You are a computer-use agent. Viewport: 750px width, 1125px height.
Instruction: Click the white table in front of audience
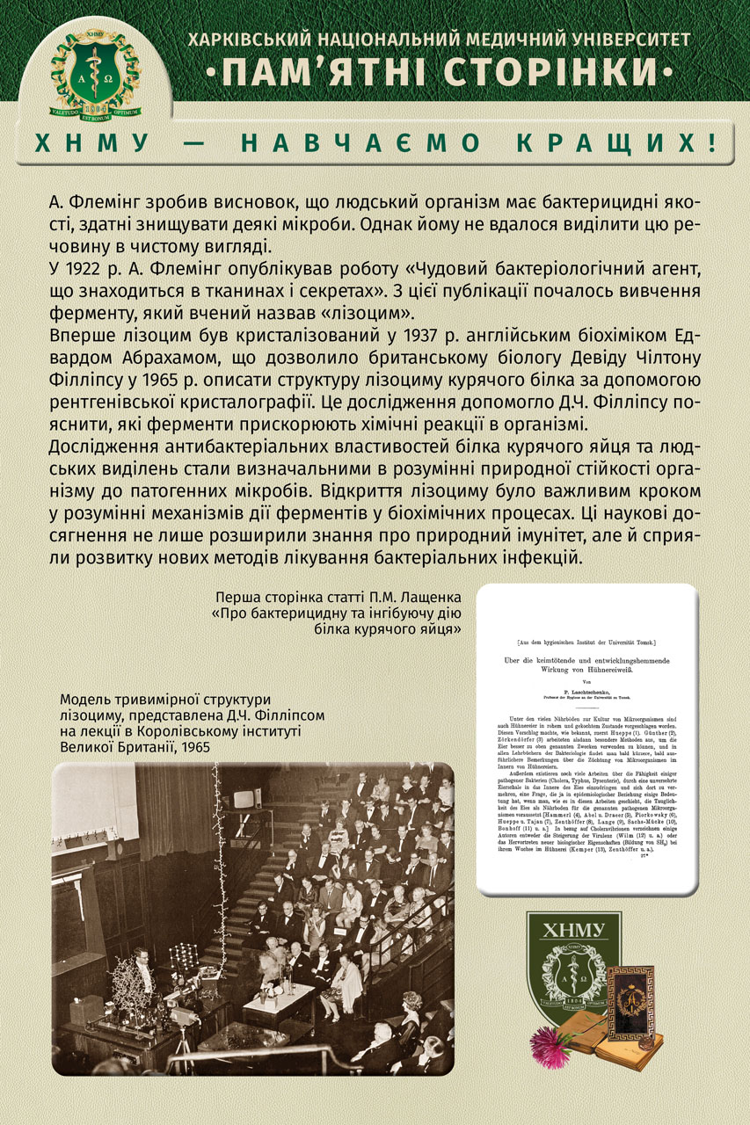(x=279, y=998)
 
